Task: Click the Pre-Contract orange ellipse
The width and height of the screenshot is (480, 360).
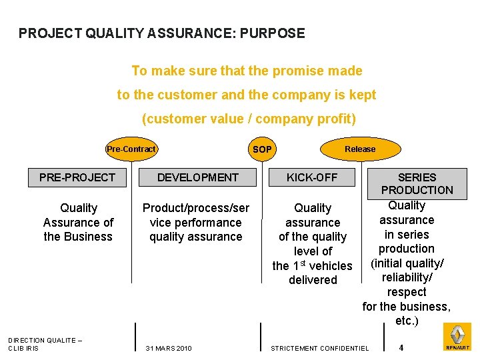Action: point(131,149)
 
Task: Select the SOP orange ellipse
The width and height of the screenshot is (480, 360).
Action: point(262,149)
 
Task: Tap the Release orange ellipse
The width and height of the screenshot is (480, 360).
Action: point(360,149)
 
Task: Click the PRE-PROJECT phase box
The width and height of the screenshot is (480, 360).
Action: point(77,177)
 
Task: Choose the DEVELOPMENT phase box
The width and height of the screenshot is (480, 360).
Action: point(197,177)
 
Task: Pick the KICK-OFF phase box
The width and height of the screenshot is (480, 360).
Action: point(312,177)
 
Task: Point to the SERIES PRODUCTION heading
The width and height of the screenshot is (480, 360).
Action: point(417,183)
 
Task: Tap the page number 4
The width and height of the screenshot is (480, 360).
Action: point(401,347)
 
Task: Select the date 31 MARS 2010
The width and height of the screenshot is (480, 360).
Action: point(169,348)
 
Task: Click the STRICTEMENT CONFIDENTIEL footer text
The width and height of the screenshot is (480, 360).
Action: point(319,348)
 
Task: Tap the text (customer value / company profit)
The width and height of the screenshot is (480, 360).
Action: point(249,119)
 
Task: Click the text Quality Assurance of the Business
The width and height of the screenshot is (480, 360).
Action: point(78,223)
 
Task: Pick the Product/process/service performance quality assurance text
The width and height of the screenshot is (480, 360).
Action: point(196,223)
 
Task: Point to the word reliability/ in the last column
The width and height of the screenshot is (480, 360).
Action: point(407,277)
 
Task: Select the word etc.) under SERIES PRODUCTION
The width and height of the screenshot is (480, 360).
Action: point(407,321)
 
